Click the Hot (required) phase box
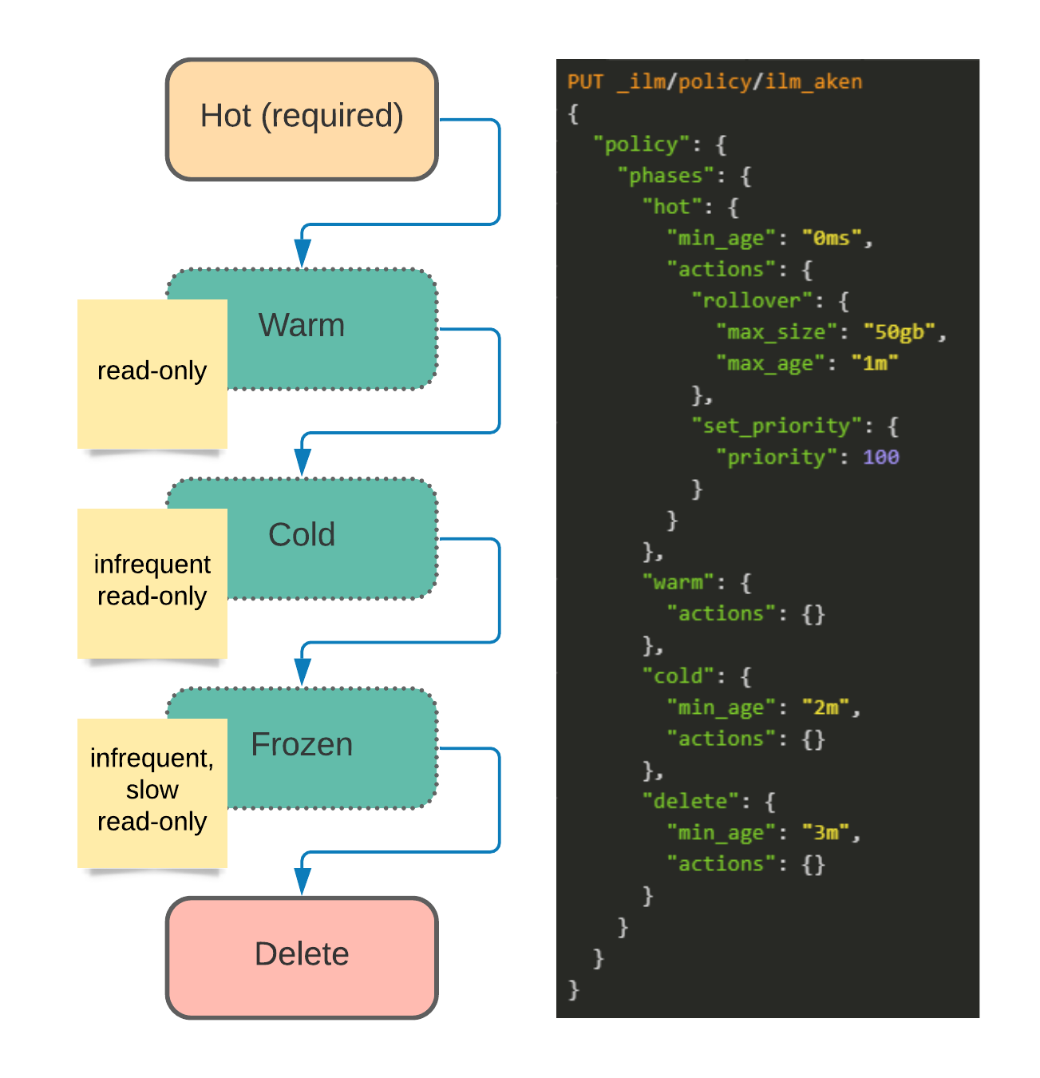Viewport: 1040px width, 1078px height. pyautogui.click(x=301, y=119)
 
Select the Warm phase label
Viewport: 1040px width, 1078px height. pyautogui.click(x=301, y=324)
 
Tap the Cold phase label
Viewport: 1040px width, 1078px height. pyautogui.click(x=301, y=534)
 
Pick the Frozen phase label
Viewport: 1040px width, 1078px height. pyautogui.click(x=301, y=743)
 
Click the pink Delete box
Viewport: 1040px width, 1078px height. pyautogui.click(x=301, y=957)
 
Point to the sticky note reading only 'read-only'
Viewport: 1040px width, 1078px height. pyautogui.click(x=152, y=374)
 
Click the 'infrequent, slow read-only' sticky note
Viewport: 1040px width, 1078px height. pyautogui.click(x=152, y=793)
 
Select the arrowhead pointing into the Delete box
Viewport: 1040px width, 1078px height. pyautogui.click(x=302, y=881)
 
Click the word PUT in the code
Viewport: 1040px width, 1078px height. pyautogui.click(x=585, y=81)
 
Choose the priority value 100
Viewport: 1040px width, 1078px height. pyautogui.click(x=880, y=457)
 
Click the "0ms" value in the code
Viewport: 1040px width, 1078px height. pyautogui.click(x=832, y=238)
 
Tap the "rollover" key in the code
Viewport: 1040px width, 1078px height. pyautogui.click(x=752, y=300)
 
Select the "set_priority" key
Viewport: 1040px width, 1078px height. pyautogui.click(x=777, y=426)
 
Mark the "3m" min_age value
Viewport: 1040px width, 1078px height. pyautogui.click(x=825, y=832)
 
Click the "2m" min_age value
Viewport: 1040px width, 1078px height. pyautogui.click(x=825, y=707)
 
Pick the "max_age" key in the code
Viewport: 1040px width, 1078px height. pyautogui.click(x=770, y=363)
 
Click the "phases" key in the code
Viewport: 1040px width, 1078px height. pyautogui.click(x=666, y=176)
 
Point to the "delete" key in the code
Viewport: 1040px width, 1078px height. pyautogui.click(x=690, y=800)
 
